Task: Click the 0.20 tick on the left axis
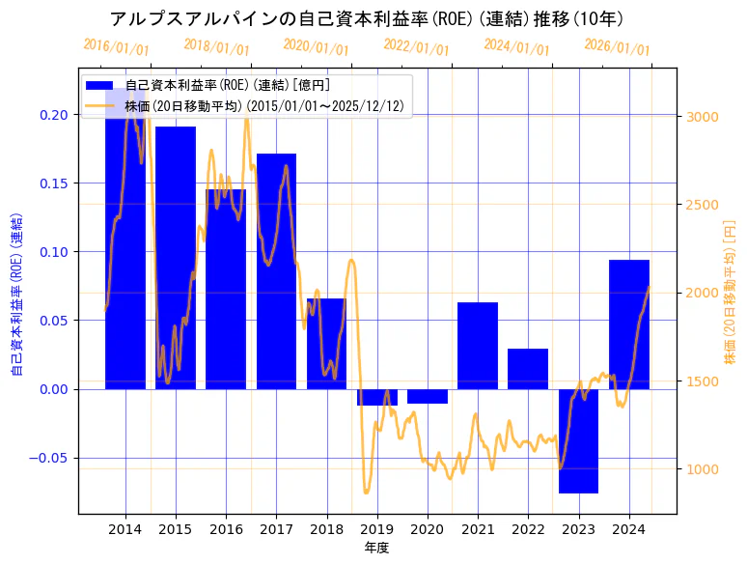click(x=55, y=115)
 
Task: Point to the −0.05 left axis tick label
click(x=50, y=458)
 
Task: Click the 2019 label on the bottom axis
click(x=376, y=529)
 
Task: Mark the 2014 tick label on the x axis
click(x=125, y=529)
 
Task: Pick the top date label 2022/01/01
click(x=416, y=46)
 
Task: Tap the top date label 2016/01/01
click(x=116, y=46)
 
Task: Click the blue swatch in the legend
click(x=99, y=86)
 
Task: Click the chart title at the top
click(x=367, y=18)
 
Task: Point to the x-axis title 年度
click(x=376, y=548)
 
